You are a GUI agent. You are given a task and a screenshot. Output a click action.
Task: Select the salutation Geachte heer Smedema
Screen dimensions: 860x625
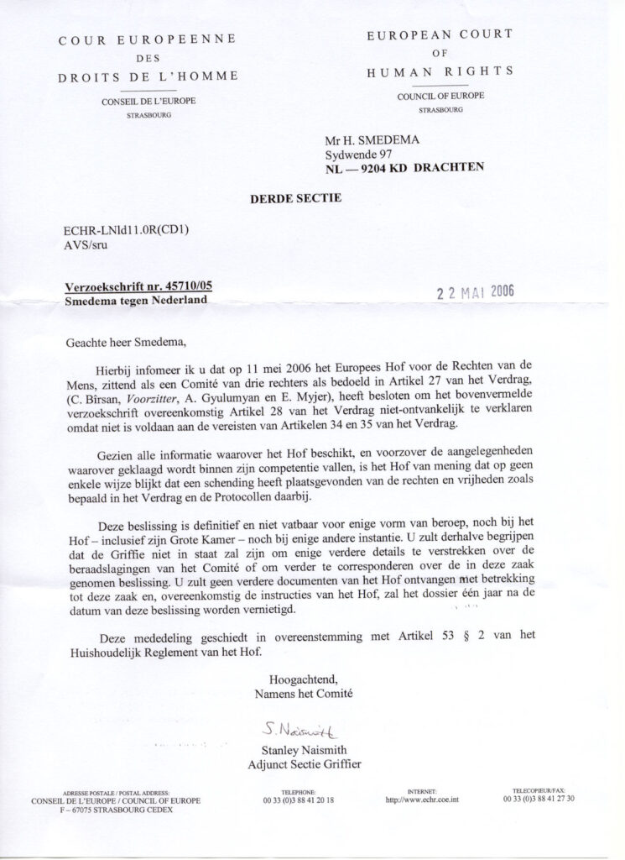128,343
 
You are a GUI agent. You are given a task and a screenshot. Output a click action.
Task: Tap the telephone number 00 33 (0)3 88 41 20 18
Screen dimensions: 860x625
299,800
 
